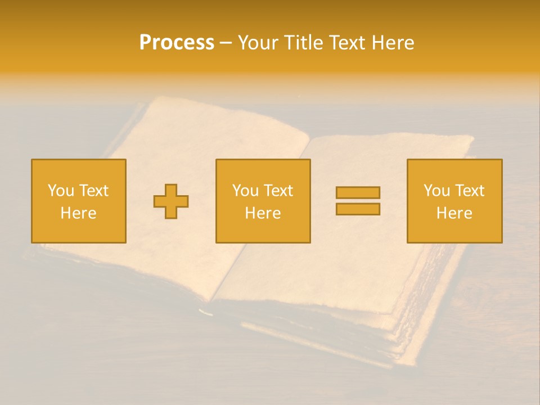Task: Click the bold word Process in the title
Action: click(177, 43)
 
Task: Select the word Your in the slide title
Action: click(260, 43)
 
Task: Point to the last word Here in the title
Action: click(393, 43)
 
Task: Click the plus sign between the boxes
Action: click(171, 201)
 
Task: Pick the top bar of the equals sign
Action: click(358, 192)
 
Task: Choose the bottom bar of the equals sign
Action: click(358, 209)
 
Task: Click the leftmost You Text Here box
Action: click(79, 201)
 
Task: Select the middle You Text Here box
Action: click(263, 201)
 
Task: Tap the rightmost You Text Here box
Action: click(454, 201)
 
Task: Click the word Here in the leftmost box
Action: click(79, 213)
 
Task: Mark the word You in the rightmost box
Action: click(436, 191)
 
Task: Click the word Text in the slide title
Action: click(347, 43)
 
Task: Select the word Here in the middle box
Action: click(263, 213)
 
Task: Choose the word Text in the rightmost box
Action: click(469, 191)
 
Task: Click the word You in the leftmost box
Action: click(61, 191)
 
